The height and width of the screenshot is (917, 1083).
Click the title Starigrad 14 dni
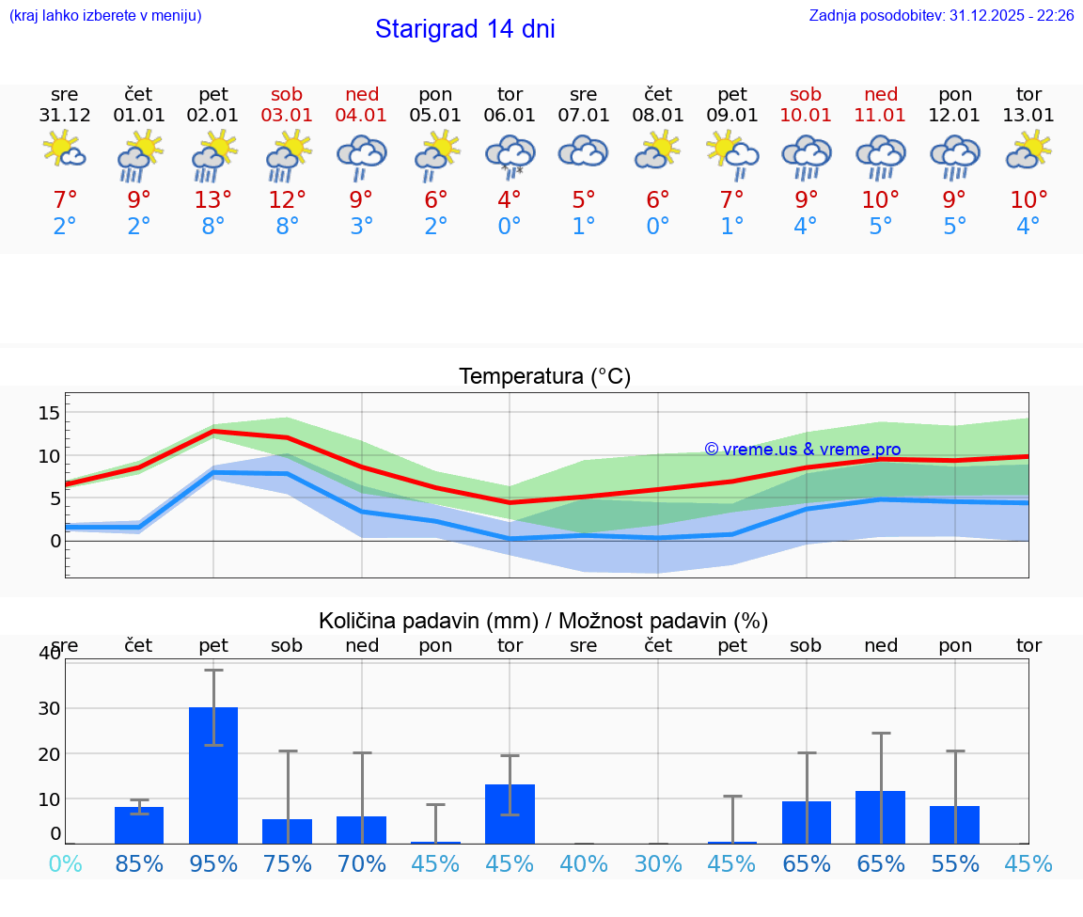pos(464,29)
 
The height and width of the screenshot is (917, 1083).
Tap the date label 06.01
pos(510,116)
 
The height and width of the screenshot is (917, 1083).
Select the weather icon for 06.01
pos(510,154)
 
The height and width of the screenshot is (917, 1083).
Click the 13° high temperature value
pos(213,199)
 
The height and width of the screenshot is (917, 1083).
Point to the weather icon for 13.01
pos(1028,150)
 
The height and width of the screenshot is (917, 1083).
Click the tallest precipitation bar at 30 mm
pos(213,775)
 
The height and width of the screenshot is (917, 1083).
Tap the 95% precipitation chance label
pos(213,863)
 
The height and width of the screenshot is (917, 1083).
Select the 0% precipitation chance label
pos(65,863)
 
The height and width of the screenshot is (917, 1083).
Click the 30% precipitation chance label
pos(658,863)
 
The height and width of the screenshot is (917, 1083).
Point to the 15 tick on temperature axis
pos(50,413)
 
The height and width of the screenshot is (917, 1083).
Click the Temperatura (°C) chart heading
pos(545,377)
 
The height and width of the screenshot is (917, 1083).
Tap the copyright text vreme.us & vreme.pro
pos(803,450)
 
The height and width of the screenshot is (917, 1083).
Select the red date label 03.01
pos(288,116)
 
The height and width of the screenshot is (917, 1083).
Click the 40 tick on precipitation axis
pos(49,654)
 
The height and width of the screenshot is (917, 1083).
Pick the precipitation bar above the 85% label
pos(139,825)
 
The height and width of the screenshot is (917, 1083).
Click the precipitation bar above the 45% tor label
pos(510,814)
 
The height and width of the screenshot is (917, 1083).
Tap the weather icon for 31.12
pos(65,150)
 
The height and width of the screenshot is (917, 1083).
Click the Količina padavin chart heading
pos(543,621)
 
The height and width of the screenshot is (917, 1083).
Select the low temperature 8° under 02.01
pos(213,227)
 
